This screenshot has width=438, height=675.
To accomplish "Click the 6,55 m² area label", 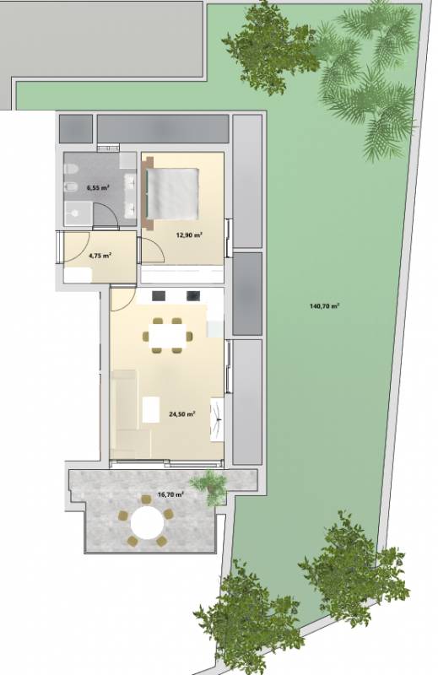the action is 98,187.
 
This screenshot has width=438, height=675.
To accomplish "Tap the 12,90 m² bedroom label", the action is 189,235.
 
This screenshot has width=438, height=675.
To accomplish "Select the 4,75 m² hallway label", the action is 100,256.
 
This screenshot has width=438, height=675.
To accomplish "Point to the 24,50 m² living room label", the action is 182,414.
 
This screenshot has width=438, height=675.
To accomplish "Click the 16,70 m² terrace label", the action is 171,494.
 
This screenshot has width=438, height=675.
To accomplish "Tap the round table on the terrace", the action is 148,522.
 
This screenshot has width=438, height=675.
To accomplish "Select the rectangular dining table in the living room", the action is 168,336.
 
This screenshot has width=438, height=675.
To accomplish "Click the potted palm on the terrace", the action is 210,486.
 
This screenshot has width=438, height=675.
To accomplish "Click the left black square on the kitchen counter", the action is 159,296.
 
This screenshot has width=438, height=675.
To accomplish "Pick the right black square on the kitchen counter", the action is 193,296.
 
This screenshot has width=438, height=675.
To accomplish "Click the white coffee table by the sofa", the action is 151,409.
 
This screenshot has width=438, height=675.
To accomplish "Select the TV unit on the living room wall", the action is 217,419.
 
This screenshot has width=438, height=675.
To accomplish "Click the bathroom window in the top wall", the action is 108,148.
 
